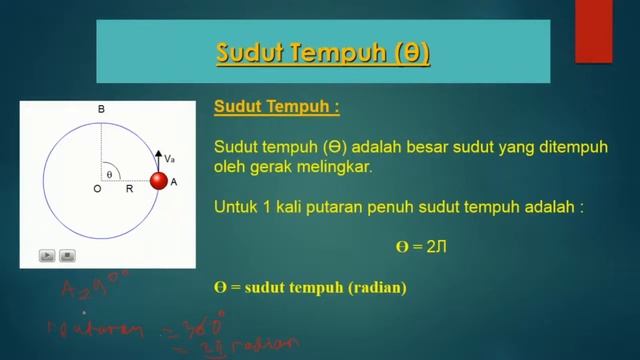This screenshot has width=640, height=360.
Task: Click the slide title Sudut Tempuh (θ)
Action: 323,51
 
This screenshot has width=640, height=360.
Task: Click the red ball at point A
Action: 158,181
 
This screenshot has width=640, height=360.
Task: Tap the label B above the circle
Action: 100,108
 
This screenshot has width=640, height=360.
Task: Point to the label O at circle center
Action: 97,188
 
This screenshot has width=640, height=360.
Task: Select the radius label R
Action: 129,188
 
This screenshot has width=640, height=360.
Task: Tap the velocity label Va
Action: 170,158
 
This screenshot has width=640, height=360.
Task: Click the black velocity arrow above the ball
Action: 158,160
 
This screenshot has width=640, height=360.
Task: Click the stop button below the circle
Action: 67,255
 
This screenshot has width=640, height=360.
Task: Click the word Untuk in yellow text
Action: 236,208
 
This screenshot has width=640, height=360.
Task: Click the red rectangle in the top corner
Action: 593,30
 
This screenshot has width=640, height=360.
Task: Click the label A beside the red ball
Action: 174,182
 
